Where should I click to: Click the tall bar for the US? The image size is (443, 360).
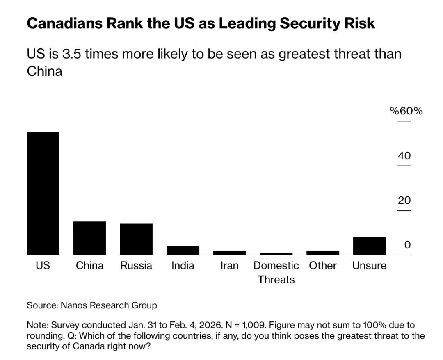pyautogui.click(x=43, y=193)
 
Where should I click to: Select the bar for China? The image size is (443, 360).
pyautogui.click(x=89, y=238)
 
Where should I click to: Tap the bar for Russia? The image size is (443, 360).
pyautogui.click(x=136, y=239)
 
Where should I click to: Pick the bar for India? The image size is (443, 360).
pyautogui.click(x=183, y=250)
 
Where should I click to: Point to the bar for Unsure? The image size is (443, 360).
pyautogui.click(x=369, y=246)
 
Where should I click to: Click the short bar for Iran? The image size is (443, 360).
pyautogui.click(x=229, y=253)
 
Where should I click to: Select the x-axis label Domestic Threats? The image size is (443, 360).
pyautogui.click(x=276, y=272)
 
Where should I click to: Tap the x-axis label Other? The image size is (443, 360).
pyautogui.click(x=323, y=265)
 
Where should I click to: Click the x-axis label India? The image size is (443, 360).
pyautogui.click(x=183, y=265)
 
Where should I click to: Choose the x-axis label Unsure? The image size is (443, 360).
pyautogui.click(x=369, y=265)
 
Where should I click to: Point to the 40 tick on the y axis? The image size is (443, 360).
pyautogui.click(x=404, y=156)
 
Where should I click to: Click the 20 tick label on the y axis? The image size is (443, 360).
pyautogui.click(x=404, y=201)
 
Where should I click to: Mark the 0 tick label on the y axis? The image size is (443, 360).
pyautogui.click(x=407, y=245)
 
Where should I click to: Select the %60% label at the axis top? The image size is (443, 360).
pyautogui.click(x=406, y=111)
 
